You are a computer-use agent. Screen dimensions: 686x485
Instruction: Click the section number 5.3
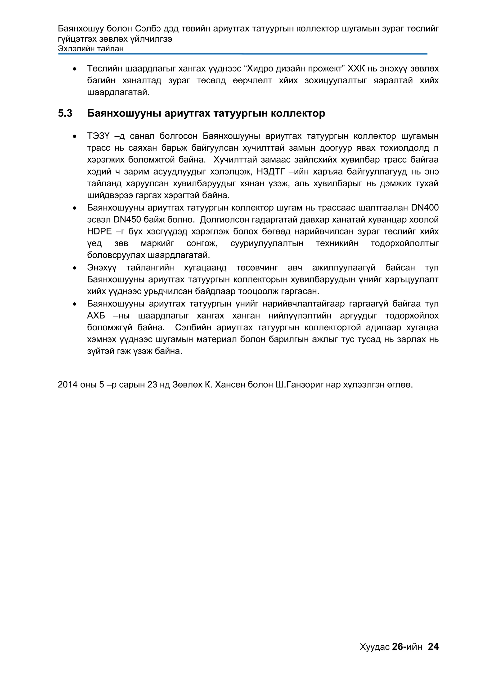point(65,113)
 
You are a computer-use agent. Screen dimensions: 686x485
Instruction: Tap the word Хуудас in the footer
point(374,647)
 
